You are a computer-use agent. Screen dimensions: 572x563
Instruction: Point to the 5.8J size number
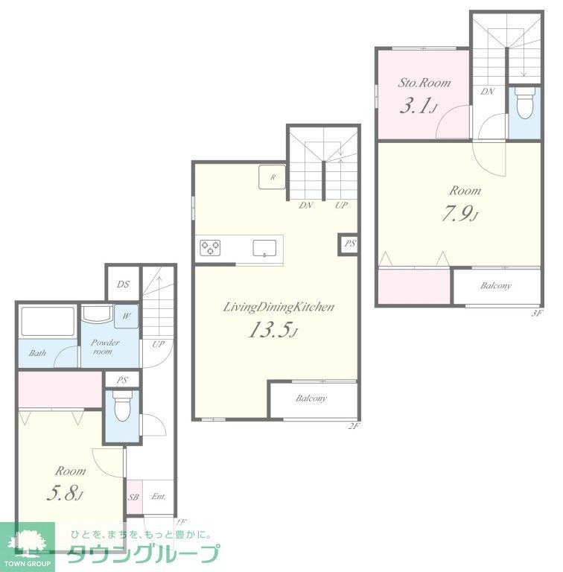pos(66,494)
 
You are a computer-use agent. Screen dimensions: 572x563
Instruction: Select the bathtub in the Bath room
pos(47,322)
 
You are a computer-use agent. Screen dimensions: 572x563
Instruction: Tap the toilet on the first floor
pos(120,407)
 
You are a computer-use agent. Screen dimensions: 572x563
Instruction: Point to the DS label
pos(123,284)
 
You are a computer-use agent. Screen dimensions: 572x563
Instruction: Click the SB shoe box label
pos(134,498)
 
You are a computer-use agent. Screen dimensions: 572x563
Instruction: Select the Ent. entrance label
pos(159,497)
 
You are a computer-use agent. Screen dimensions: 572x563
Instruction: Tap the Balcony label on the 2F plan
pos(311,398)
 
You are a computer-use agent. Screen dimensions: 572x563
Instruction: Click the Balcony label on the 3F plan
pos(495,286)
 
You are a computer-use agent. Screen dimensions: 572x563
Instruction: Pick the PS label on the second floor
pos(350,244)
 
